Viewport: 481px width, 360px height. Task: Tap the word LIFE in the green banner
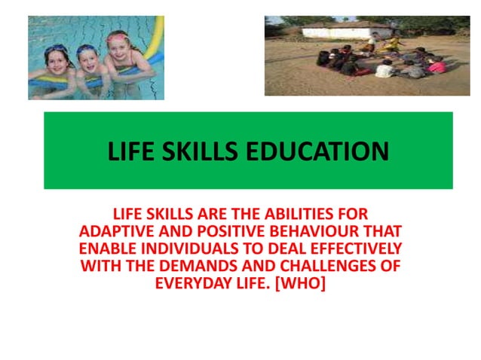click(x=130, y=152)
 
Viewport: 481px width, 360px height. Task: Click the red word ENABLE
click(x=106, y=249)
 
